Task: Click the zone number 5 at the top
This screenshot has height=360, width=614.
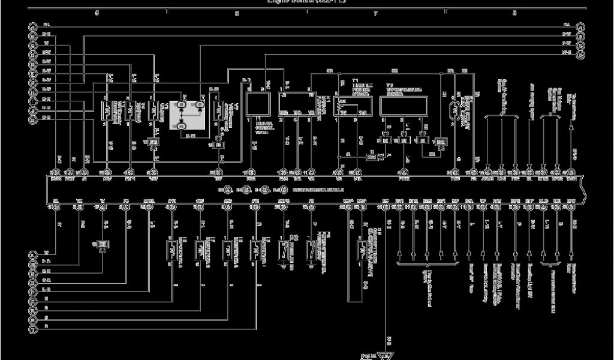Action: pyautogui.click(x=97, y=13)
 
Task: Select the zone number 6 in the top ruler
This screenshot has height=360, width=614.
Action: pyautogui.click(x=237, y=13)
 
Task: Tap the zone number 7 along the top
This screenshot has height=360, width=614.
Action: pyautogui.click(x=375, y=13)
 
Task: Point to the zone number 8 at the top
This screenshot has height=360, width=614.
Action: pyautogui.click(x=514, y=13)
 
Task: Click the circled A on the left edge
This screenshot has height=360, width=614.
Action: pyautogui.click(x=31, y=26)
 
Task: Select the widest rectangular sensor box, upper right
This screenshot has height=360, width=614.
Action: pyautogui.click(x=403, y=106)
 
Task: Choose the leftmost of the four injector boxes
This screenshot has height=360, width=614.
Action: pyautogui.click(x=171, y=248)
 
